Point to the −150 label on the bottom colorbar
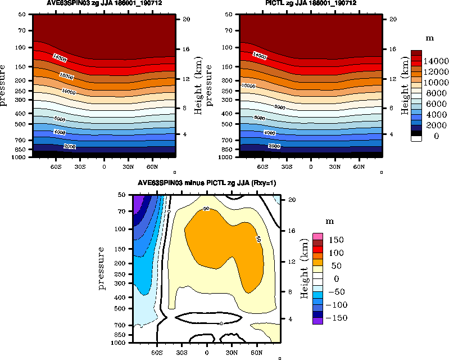337,318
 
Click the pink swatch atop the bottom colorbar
318,235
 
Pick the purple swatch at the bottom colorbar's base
318,321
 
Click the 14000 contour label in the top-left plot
60,57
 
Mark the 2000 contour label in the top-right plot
274,146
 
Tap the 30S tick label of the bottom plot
182,352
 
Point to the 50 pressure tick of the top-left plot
24,14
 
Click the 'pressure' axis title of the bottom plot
102,268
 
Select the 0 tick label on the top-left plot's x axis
104,167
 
